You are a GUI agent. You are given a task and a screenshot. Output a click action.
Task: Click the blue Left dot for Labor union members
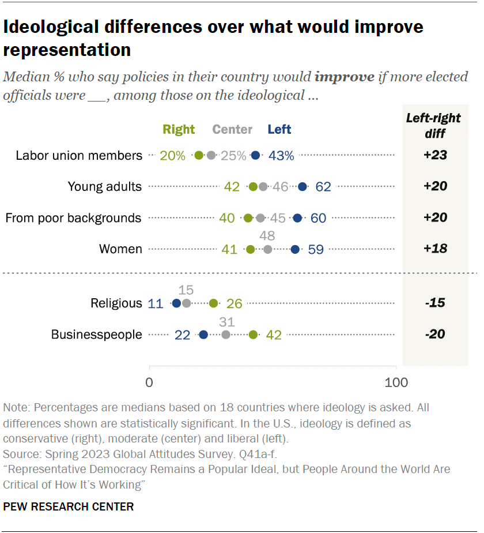(256, 155)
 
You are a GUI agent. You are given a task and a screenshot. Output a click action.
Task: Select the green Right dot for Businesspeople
(253, 335)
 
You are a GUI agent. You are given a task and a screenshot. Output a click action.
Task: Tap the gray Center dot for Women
(268, 249)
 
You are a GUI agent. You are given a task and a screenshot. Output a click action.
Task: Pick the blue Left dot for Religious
(176, 303)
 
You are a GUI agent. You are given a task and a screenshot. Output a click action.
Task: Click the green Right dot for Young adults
(253, 186)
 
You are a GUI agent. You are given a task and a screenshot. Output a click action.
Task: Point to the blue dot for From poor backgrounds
(297, 218)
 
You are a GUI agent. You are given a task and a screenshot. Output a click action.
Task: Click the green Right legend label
(179, 130)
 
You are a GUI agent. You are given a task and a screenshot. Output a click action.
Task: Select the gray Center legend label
(232, 130)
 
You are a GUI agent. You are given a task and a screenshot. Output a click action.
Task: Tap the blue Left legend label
(279, 130)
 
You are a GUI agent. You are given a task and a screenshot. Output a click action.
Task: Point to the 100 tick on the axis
(395, 382)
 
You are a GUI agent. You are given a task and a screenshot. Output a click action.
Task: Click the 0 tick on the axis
(149, 382)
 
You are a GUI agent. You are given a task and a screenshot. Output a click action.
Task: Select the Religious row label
(116, 303)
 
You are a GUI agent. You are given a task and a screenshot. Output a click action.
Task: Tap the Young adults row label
(104, 186)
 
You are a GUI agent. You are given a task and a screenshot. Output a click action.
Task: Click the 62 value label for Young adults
(323, 186)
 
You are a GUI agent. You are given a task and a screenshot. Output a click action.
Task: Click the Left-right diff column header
(434, 125)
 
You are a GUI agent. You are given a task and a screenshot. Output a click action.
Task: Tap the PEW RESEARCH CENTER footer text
(69, 507)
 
